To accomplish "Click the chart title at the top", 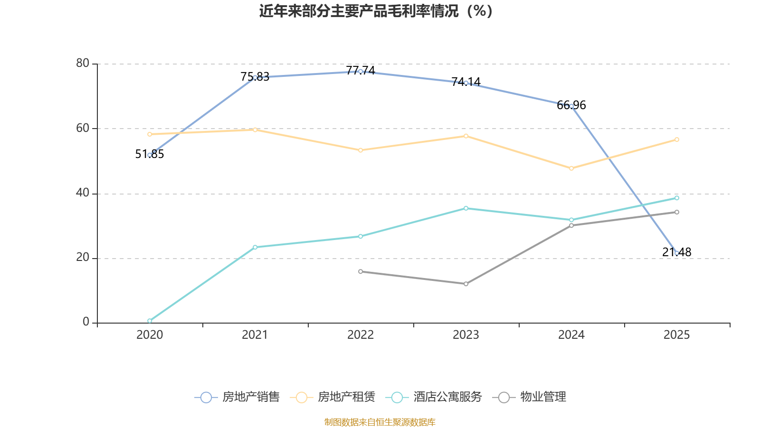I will [376, 11].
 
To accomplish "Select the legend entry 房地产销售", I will [237, 397].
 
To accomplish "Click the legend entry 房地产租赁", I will [333, 397].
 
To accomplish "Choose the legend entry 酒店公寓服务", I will [434, 397].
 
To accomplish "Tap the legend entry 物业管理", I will [530, 397].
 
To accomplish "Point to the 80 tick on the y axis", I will [83, 63].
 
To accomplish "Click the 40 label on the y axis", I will [83, 193].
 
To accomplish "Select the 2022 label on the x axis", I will [361, 335].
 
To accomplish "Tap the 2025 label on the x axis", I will [676, 335].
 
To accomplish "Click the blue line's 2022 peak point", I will [361, 71].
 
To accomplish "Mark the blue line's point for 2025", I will [677, 253].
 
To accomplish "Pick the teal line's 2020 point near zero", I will [150, 321].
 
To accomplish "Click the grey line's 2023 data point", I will [466, 284].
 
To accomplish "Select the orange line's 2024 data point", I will [571, 168].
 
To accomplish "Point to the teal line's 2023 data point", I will [466, 208].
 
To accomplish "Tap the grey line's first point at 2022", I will [361, 271].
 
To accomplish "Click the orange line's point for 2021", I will [255, 130].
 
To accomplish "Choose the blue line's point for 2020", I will [150, 155].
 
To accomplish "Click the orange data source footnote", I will [380, 422].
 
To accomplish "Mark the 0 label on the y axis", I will [86, 322].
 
